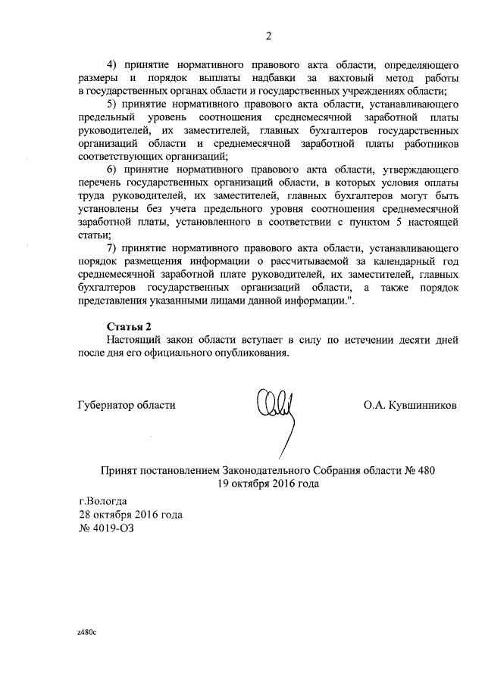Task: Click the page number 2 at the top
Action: tap(268, 36)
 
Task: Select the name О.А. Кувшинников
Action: tap(410, 405)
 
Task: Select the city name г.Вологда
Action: tap(104, 501)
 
